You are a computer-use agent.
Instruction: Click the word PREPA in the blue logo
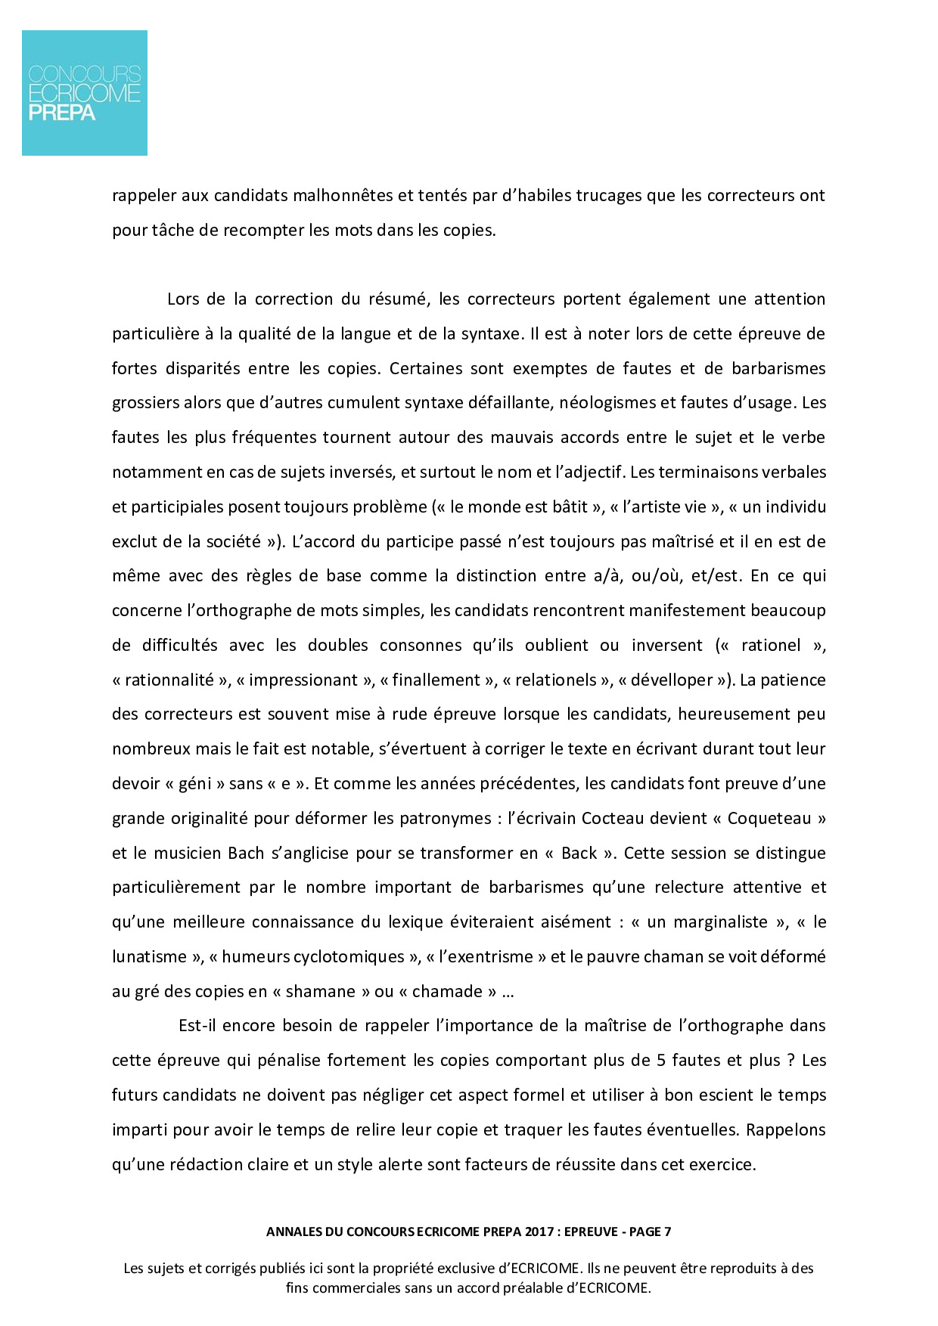[x=62, y=113]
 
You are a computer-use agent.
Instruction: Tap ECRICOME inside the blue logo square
[x=84, y=94]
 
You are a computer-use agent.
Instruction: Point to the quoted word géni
[x=194, y=783]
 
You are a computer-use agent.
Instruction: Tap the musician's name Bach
[x=246, y=853]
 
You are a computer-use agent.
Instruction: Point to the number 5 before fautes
[x=660, y=1060]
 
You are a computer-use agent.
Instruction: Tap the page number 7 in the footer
[x=667, y=1232]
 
